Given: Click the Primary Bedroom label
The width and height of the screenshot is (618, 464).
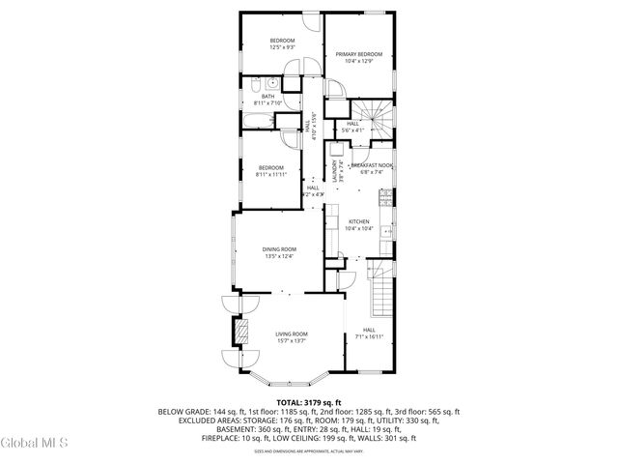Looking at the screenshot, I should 359,54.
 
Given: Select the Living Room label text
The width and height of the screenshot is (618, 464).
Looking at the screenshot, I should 292,333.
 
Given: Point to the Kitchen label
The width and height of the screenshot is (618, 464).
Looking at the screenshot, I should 360,221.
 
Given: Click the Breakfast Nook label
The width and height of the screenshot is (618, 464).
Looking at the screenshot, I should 372,166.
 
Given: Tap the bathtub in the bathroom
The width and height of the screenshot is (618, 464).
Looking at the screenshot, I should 258,121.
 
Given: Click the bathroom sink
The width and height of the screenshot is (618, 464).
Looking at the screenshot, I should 260,83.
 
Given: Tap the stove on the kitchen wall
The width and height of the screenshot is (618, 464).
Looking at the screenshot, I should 385,198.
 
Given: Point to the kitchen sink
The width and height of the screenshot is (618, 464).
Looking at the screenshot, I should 386,232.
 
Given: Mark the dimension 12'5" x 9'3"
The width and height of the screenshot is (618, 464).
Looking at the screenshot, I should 282,46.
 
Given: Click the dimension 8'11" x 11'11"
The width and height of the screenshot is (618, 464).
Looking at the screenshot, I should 272,175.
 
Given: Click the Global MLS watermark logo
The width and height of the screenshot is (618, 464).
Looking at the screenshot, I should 35,444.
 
